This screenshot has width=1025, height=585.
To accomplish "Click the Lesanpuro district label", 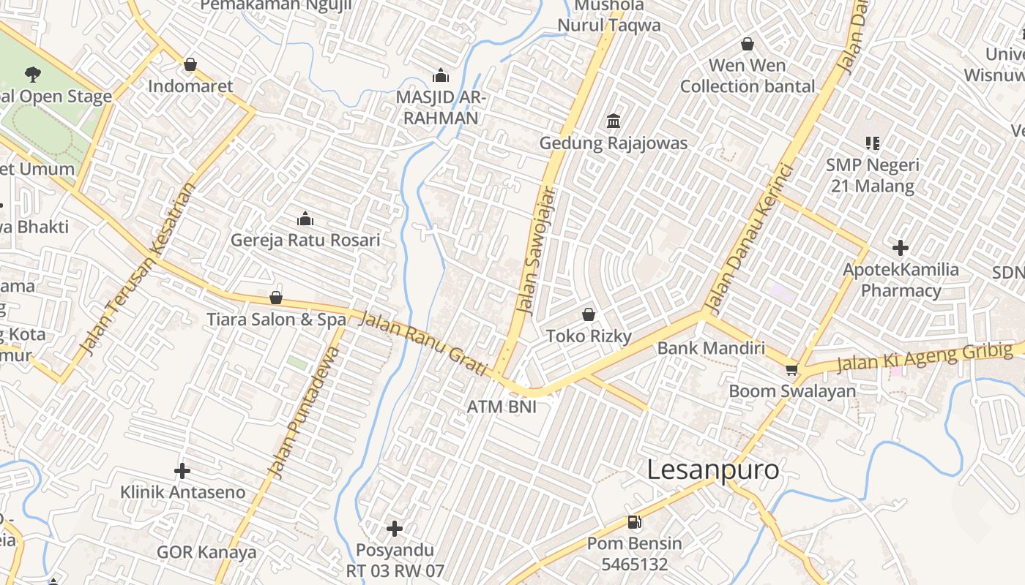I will pos(713,469).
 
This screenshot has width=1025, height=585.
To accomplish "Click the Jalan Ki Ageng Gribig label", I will pos(925,356).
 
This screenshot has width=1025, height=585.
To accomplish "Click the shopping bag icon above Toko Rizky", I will pos(589,314).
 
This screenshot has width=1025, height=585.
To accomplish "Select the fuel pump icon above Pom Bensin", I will pos(634,522).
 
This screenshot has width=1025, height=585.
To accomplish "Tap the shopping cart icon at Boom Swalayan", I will pos(791,369).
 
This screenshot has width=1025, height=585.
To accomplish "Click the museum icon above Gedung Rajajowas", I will pos(614,121).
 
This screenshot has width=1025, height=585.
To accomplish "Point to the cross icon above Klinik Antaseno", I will pos(182,471).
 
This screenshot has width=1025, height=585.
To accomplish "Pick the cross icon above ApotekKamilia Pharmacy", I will pos(901,248).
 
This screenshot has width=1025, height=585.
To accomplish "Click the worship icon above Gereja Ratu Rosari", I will pos(305,219).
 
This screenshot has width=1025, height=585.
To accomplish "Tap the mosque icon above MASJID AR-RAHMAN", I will pos(441,75).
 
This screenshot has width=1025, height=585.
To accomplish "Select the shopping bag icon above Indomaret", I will pos(190,64).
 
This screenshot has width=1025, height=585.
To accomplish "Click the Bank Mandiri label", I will pos(711,347).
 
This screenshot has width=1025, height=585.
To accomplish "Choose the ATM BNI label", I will pos(502,406).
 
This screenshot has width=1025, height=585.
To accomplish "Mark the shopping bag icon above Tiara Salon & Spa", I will pos(276,298).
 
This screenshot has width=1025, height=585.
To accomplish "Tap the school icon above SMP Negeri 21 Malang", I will pos(872,143).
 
